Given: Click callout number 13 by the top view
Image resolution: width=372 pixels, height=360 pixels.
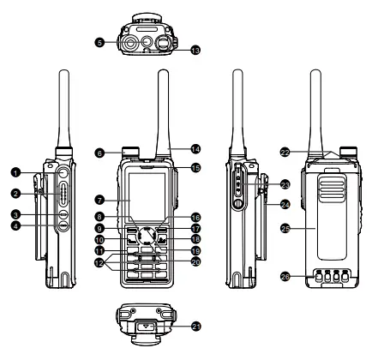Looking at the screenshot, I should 195,51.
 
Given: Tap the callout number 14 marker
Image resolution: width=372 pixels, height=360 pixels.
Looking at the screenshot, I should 195,148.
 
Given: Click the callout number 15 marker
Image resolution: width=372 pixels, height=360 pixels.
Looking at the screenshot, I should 195,167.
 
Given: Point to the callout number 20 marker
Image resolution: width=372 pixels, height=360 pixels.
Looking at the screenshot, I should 196,261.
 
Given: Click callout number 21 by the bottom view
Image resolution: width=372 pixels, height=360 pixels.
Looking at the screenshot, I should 196,326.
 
